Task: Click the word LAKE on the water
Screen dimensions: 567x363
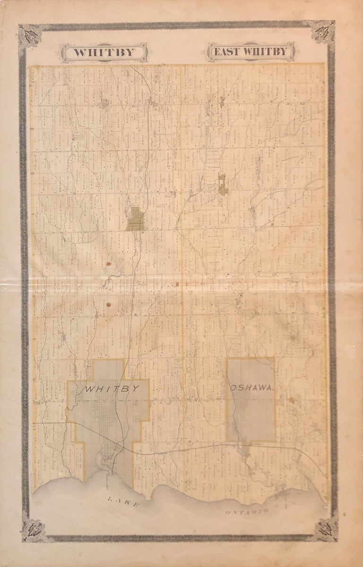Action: tap(123, 502)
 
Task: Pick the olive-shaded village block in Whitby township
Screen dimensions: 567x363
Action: tap(135, 220)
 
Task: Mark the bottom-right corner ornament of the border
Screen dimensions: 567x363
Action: tap(327, 529)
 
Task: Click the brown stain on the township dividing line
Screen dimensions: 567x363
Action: tap(177, 284)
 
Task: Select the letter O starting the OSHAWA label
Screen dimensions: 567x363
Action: tap(233, 388)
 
